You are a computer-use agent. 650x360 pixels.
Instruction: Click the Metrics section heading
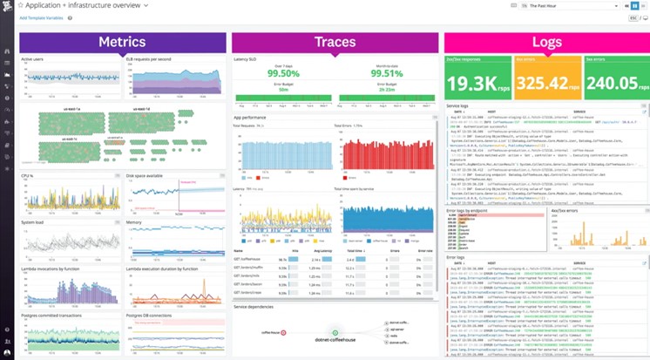point(122,43)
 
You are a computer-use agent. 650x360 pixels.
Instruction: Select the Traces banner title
point(335,43)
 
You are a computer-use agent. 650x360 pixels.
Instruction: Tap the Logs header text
point(545,43)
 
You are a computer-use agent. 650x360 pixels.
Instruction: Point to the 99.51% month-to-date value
point(388,75)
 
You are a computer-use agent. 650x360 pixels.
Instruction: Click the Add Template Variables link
point(41,17)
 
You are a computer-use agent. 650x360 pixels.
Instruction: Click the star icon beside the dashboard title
point(21,5)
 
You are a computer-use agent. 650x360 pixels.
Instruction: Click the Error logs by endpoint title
point(466,210)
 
